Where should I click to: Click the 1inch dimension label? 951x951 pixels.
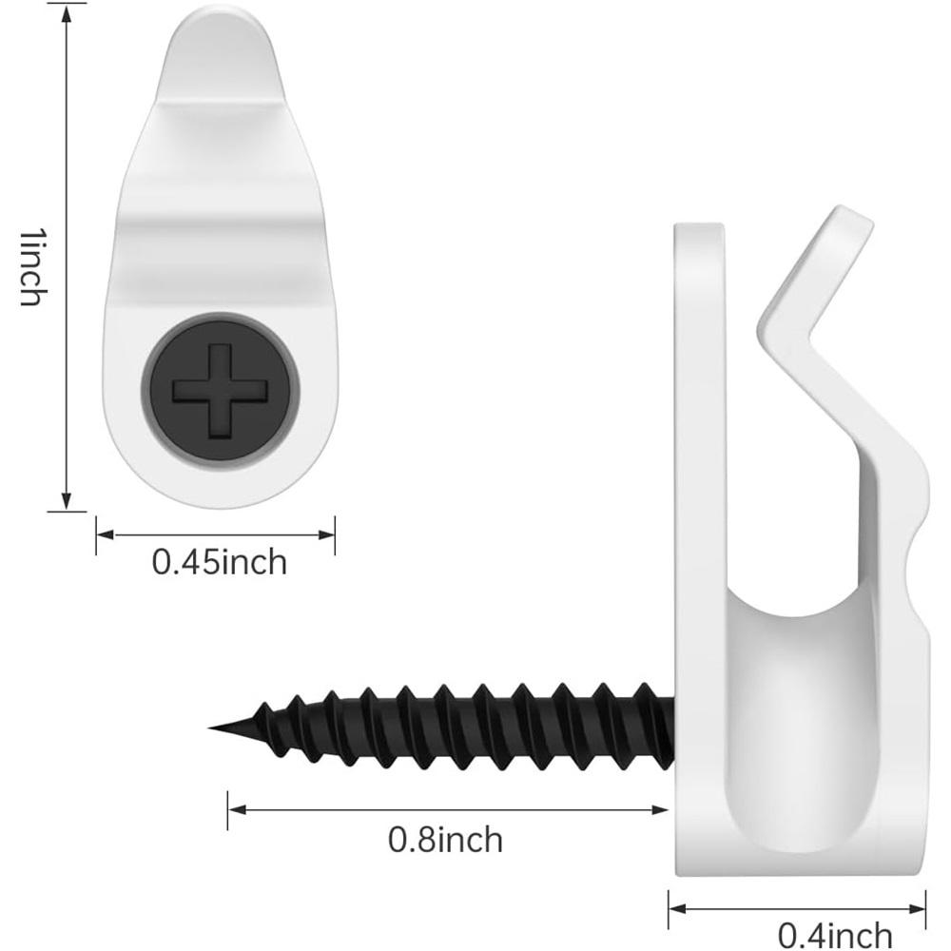coord(34,267)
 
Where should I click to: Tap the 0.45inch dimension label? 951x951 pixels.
coord(219,562)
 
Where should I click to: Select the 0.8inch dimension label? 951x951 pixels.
coord(446,840)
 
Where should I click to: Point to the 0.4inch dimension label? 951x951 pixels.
coord(835,935)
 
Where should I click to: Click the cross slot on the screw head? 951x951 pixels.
coord(221,391)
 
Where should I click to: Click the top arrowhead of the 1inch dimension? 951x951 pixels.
coord(67,16)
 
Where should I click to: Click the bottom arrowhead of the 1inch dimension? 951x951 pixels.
coord(67,500)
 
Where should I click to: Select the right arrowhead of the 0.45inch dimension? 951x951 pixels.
coord(325,534)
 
